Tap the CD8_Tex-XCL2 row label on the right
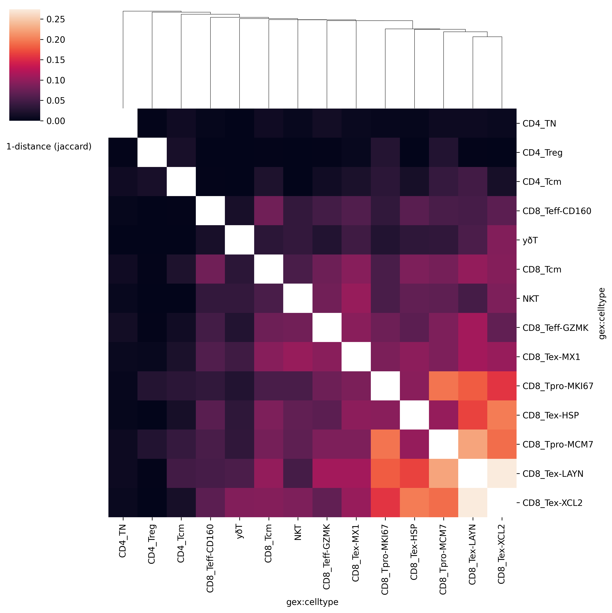click(x=552, y=503)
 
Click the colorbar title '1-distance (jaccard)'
click(x=49, y=147)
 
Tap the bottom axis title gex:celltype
click(x=312, y=602)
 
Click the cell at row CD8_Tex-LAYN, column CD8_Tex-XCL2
click(x=502, y=474)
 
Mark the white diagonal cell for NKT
click(x=298, y=299)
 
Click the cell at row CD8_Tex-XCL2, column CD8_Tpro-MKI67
click(x=385, y=503)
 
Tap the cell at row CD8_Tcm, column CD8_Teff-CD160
click(x=210, y=269)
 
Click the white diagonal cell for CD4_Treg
click(x=152, y=153)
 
